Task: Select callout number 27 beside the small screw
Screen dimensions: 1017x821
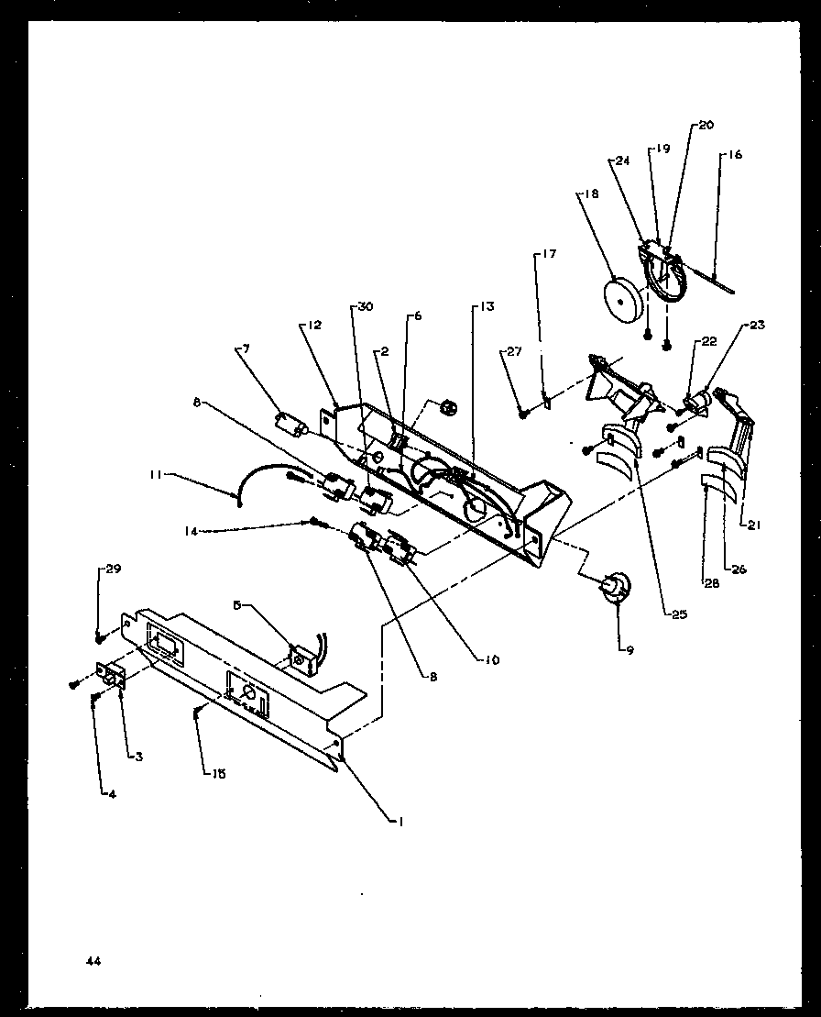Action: pyautogui.click(x=512, y=351)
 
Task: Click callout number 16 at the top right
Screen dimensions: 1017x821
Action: pyautogui.click(x=737, y=155)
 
